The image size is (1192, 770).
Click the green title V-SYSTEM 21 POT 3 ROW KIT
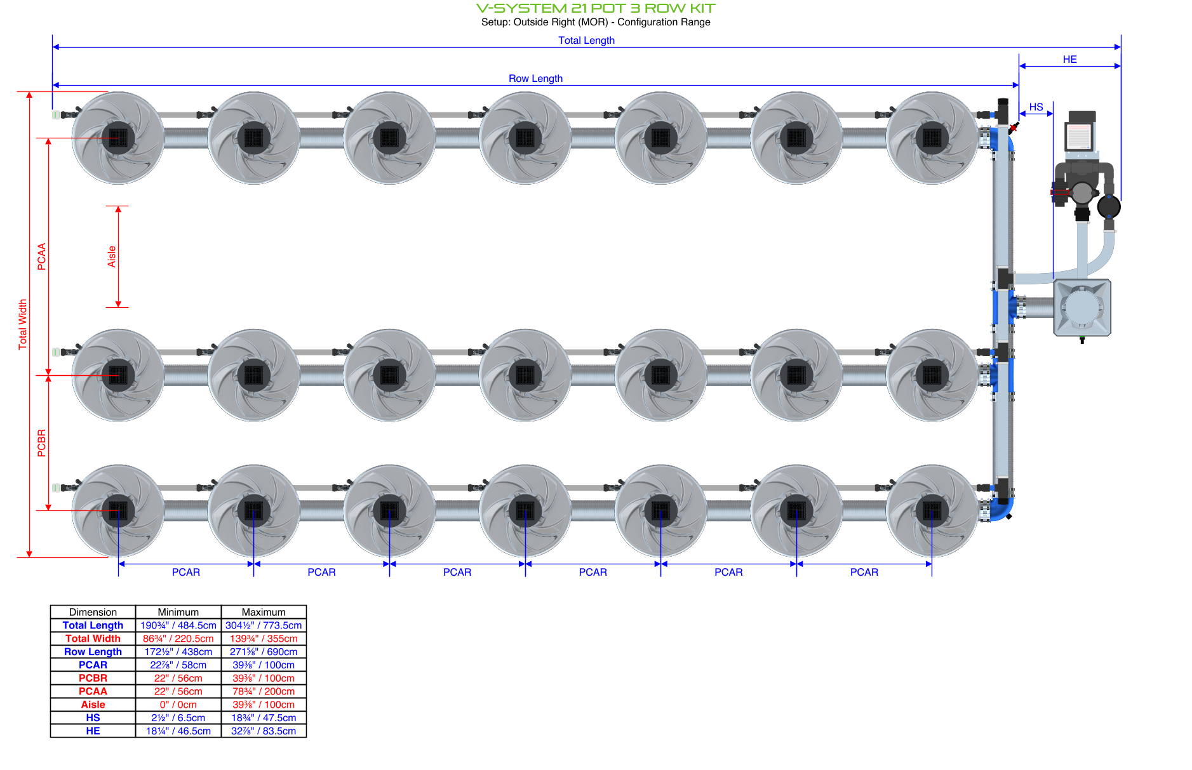(x=595, y=8)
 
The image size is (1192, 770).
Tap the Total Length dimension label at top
(x=586, y=40)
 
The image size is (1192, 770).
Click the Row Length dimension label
(x=535, y=78)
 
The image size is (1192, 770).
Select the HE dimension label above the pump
(x=1069, y=59)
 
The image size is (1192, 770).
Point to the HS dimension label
(x=1036, y=107)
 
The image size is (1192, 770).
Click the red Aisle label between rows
(x=112, y=256)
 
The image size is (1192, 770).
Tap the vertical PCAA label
(x=42, y=256)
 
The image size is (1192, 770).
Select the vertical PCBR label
(x=42, y=442)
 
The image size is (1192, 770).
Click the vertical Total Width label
(x=23, y=324)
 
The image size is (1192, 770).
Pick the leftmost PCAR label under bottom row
(x=185, y=572)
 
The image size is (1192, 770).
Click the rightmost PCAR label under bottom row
(x=864, y=572)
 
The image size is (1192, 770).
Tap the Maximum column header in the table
(x=263, y=612)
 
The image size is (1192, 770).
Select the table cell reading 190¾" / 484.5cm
(x=178, y=625)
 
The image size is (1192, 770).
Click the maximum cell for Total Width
(x=263, y=639)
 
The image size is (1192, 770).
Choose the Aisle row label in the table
(x=93, y=705)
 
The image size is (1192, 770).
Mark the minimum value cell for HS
(x=178, y=718)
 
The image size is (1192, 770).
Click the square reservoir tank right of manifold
(x=1082, y=308)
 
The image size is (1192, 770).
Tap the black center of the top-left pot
(x=118, y=137)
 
